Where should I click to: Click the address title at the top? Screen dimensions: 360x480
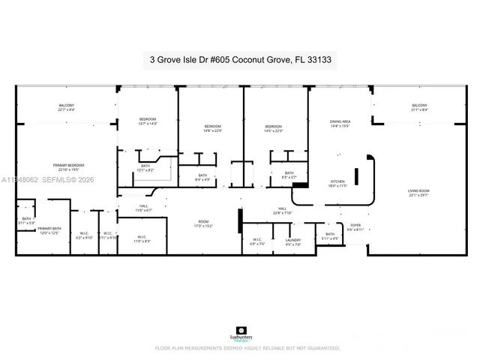tap(239, 58)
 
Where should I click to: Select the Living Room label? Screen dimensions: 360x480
tap(418, 193)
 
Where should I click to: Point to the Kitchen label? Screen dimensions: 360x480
tap(337, 183)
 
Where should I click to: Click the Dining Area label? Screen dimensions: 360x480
tap(340, 124)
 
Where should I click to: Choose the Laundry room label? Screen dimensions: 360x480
tap(293, 242)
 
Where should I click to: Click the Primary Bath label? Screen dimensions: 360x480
tap(49, 230)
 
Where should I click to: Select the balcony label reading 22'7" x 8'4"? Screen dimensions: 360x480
tap(67, 107)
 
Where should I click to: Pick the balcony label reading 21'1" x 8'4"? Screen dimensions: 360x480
tap(419, 107)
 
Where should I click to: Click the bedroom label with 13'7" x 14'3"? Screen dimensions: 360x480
tap(148, 121)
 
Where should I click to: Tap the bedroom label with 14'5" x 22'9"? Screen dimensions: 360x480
tap(273, 128)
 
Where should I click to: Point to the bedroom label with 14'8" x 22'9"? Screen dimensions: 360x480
tap(213, 128)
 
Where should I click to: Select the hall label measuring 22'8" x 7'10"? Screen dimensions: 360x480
tap(283, 210)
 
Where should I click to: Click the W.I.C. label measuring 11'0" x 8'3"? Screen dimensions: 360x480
tap(142, 239)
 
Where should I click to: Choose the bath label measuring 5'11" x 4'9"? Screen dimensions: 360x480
tap(330, 237)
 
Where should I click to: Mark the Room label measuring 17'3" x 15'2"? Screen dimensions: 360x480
tap(203, 223)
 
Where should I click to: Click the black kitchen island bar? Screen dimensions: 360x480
tap(357, 177)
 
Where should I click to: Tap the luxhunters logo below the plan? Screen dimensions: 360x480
tap(240, 333)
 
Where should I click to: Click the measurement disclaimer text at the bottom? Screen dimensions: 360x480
tap(247, 348)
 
